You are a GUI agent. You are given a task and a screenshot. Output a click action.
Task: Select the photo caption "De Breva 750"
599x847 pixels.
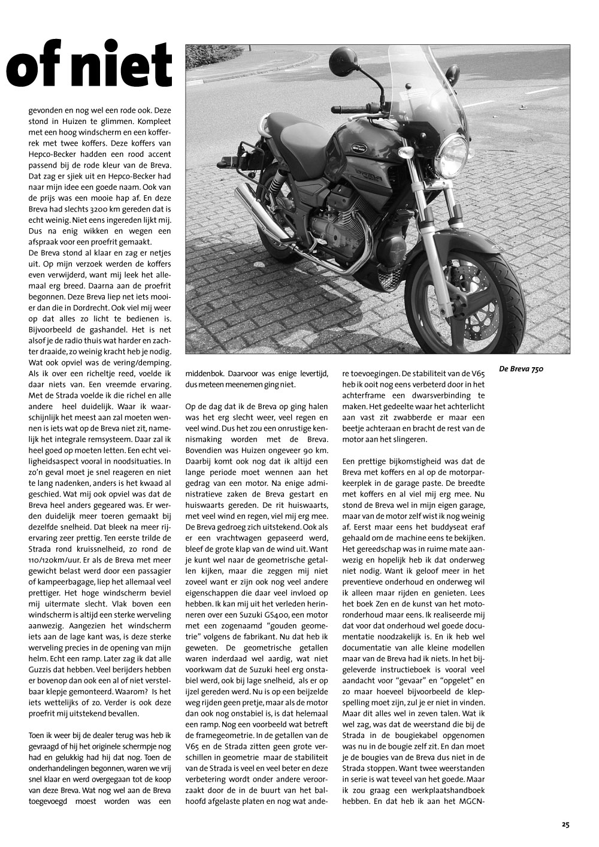tap(521, 370)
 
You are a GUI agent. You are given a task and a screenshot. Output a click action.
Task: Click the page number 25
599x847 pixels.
tap(565, 824)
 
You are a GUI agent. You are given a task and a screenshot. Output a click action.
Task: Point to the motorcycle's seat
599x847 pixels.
tap(299, 129)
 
